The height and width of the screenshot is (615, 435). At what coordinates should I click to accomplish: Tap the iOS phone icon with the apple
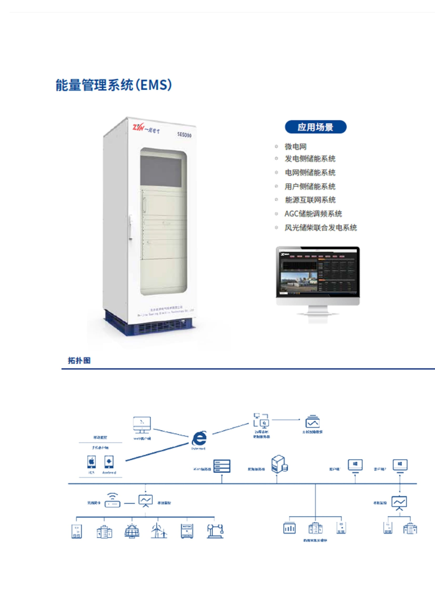click(91, 462)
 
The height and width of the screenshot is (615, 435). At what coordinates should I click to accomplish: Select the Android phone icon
click(109, 462)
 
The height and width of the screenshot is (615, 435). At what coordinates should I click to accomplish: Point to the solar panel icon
click(132, 531)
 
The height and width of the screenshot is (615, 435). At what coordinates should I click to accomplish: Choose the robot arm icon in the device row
click(215, 531)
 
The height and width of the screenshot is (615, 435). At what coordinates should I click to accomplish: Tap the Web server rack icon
click(222, 466)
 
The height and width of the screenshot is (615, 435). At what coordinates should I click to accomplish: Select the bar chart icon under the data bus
click(290, 528)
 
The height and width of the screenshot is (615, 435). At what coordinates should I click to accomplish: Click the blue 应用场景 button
click(316, 127)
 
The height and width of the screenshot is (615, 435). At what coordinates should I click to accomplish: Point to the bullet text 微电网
click(295, 146)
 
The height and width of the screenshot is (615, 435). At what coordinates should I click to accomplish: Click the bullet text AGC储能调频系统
click(313, 214)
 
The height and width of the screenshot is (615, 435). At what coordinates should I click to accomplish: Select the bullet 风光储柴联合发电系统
click(320, 228)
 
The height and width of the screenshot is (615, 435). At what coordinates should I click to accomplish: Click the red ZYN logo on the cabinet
click(139, 127)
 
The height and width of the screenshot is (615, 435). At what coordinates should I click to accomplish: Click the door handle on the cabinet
click(130, 227)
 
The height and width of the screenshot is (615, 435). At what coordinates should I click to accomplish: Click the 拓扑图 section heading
click(79, 360)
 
